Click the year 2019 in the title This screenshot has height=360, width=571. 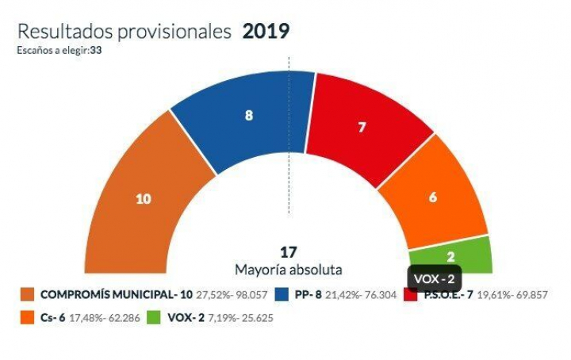266,32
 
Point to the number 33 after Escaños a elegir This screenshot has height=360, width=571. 96,50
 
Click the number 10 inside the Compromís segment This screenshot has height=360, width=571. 143,199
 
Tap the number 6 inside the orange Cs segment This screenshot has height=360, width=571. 433,198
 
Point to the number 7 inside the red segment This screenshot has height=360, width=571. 362,127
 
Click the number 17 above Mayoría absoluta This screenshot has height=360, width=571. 289,252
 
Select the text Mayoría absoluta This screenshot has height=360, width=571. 289,269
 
